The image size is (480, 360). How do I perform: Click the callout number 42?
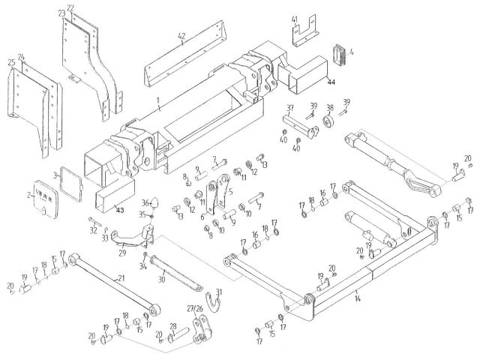tap(181, 35)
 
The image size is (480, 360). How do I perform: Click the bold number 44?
tap(331, 81)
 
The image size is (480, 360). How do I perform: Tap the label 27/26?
tap(195, 308)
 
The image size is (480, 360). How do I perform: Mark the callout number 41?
tap(295, 19)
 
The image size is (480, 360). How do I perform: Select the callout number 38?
tap(328, 106)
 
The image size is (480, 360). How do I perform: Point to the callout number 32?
tap(93, 230)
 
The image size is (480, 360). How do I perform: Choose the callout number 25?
tap(11, 61)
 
